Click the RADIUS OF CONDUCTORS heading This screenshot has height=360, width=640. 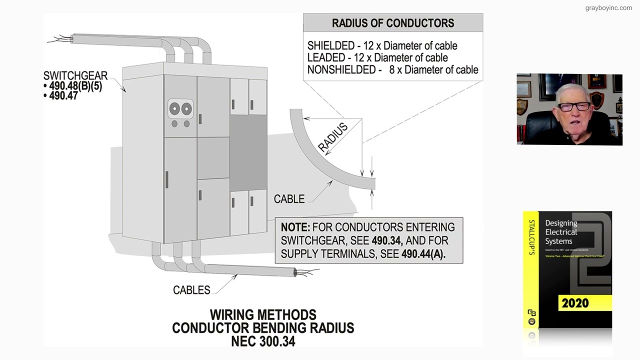392,23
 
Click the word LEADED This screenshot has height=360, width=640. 325,58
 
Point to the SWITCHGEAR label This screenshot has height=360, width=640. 75,76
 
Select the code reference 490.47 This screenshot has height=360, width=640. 63,95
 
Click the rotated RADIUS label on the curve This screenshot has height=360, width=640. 332,138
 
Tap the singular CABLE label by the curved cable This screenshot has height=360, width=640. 289,199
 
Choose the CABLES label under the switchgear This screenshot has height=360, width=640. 191,290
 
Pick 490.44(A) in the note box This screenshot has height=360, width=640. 423,254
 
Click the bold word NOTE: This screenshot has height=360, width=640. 295,227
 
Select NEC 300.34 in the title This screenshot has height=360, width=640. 263,341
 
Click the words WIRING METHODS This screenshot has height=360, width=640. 263,315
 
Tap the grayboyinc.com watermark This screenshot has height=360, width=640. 608,8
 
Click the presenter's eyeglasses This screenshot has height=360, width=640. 573,107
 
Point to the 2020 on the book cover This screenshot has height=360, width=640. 575,303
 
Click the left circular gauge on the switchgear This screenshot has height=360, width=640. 174,108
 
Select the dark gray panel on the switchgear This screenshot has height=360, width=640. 248,152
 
